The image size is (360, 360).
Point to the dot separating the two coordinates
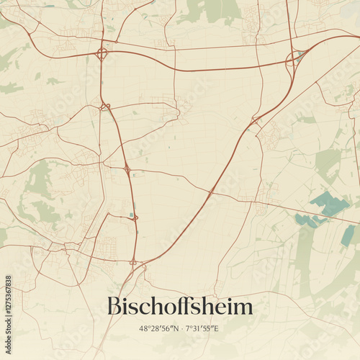pyautogui.click(x=181, y=329)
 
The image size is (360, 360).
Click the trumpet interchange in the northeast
pyautogui.click(x=294, y=60)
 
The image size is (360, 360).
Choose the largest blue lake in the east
pyautogui.click(x=330, y=203)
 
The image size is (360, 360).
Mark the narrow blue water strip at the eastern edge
pyautogui.click(x=348, y=235)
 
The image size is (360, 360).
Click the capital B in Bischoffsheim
pyautogui.click(x=114, y=307)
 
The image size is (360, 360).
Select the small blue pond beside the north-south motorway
pyautogui.click(x=130, y=214)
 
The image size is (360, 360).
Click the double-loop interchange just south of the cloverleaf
pyautogui.click(x=105, y=107)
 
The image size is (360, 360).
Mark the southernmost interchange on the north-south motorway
pyautogui.click(x=134, y=262)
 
